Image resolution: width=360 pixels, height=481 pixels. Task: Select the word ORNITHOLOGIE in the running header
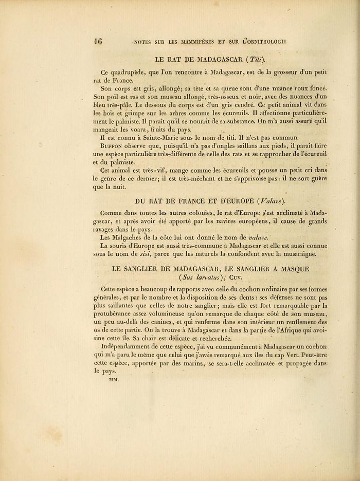click(x=262, y=43)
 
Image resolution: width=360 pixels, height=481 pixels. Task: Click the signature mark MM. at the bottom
click(x=112, y=380)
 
